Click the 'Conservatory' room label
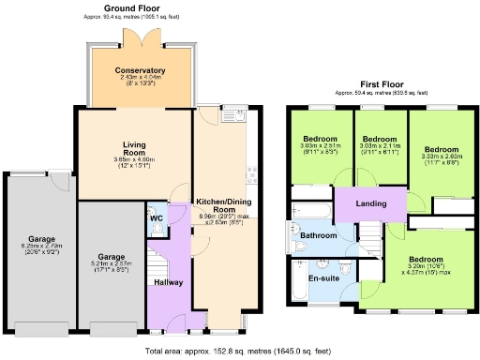click(140, 71)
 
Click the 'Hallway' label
click(169, 282)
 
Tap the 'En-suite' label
click(325, 278)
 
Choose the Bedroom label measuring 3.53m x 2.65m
click(441, 150)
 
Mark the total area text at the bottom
click(238, 351)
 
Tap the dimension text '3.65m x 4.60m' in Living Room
click(139, 160)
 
